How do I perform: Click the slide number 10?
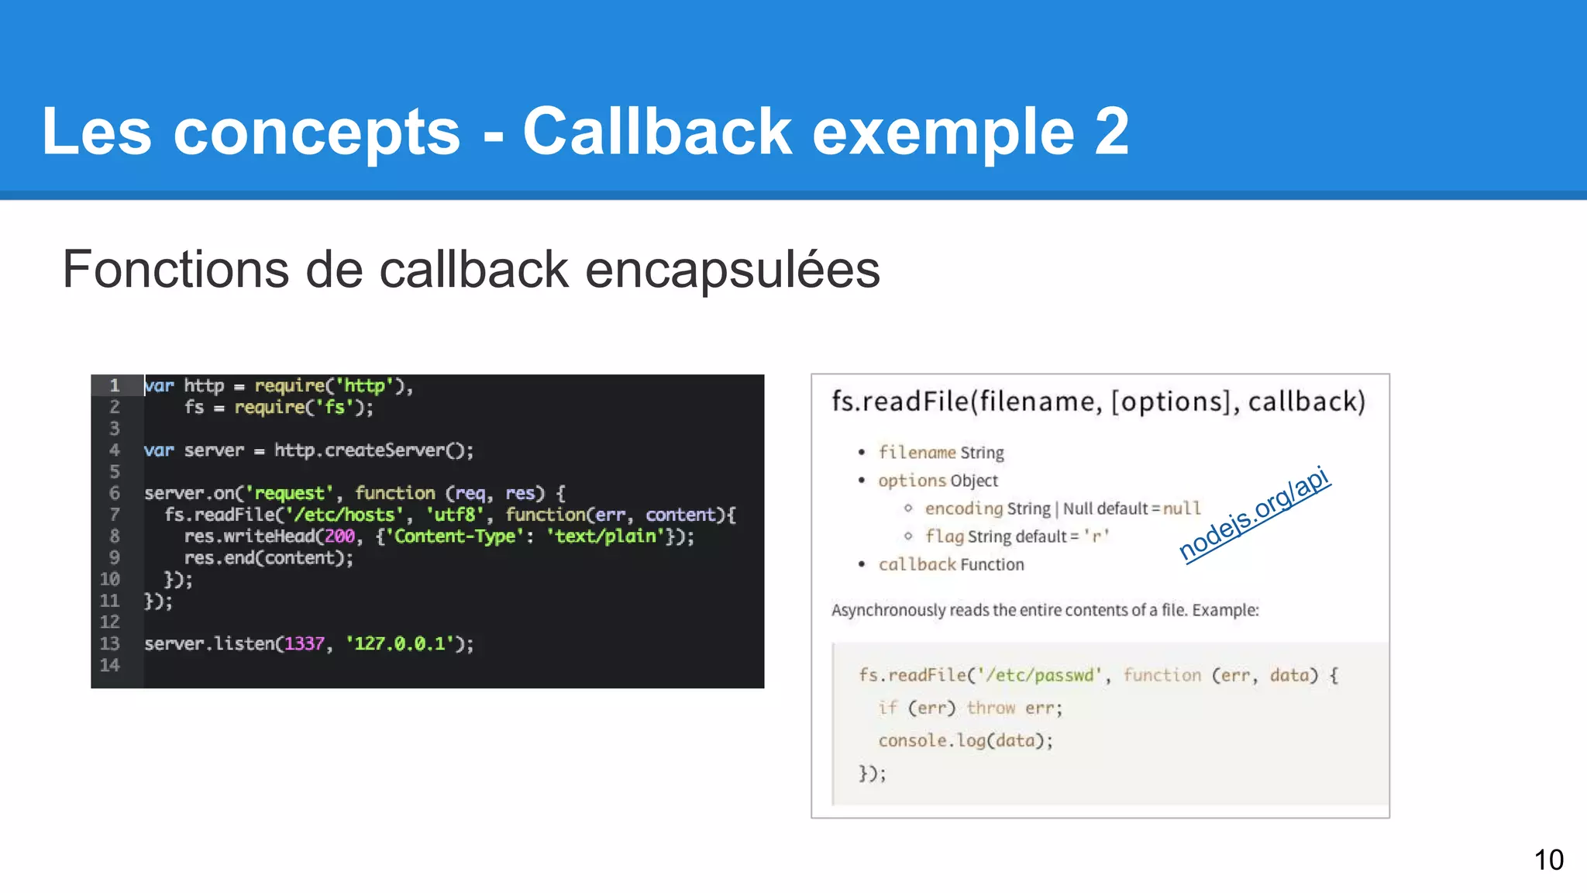(x=1548, y=860)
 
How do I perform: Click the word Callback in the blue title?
(x=657, y=132)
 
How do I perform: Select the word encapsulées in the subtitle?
(x=732, y=270)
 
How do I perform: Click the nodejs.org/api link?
(x=1254, y=515)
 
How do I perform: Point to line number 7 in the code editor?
(x=114, y=515)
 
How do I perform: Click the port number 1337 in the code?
(x=305, y=643)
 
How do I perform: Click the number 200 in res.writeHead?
(x=339, y=536)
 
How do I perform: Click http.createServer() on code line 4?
(x=374, y=450)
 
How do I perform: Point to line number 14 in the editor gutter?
(x=110, y=665)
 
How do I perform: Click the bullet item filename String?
(x=941, y=453)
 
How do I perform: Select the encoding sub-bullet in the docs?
(x=1062, y=509)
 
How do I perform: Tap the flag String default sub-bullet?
(x=1017, y=536)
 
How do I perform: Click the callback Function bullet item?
(x=951, y=564)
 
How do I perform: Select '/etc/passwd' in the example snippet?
(x=1039, y=675)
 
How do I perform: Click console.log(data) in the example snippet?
(x=965, y=740)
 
